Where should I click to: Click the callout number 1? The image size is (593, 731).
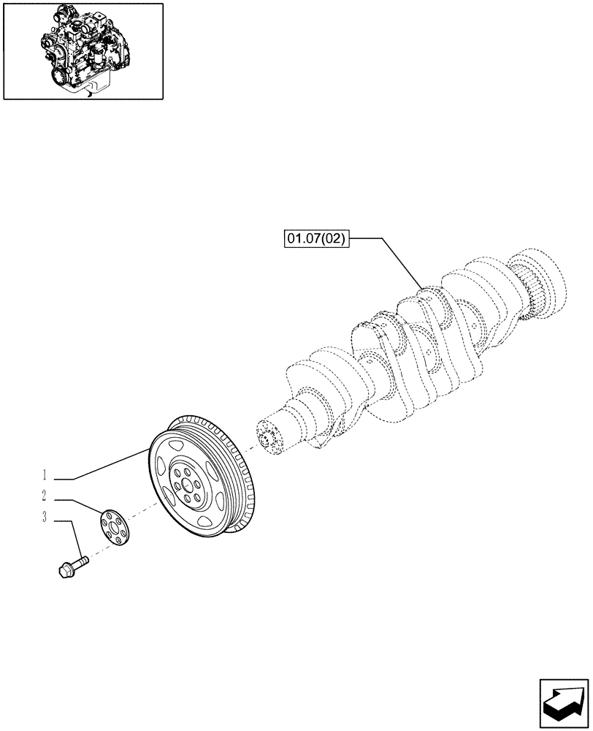pyautogui.click(x=45, y=474)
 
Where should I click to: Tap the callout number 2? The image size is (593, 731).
pyautogui.click(x=45, y=496)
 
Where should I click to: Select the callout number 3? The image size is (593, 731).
pyautogui.click(x=45, y=518)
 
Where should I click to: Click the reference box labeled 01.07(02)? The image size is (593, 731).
pyautogui.click(x=317, y=238)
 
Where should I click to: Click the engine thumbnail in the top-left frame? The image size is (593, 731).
pyautogui.click(x=83, y=50)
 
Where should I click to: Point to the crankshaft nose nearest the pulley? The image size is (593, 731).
pyautogui.click(x=272, y=439)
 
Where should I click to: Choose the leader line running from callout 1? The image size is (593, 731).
pyautogui.click(x=110, y=466)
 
